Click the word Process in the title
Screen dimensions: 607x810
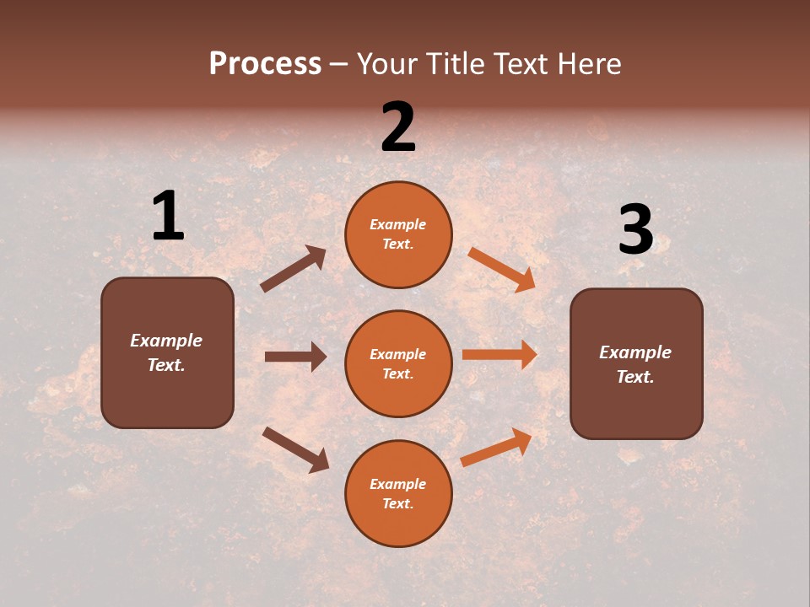click(265, 64)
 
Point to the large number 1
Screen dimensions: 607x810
click(168, 217)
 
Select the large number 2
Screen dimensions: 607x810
click(398, 127)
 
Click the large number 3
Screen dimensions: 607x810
click(635, 230)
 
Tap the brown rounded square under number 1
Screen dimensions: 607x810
click(167, 352)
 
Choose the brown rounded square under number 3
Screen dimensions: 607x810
click(636, 364)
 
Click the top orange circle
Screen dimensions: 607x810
click(398, 234)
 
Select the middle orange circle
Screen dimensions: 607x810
click(398, 363)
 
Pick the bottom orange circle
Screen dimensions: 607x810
click(398, 493)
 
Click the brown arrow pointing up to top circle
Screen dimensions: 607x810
click(293, 269)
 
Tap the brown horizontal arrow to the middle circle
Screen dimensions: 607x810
click(295, 357)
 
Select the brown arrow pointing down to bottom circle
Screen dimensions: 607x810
click(295, 449)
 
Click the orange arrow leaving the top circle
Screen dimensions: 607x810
click(502, 270)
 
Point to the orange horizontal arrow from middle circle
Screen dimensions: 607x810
click(499, 355)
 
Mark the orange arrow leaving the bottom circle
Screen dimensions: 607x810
click(496, 448)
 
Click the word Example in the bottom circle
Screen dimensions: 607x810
click(398, 484)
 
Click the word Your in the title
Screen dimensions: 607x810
click(386, 64)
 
